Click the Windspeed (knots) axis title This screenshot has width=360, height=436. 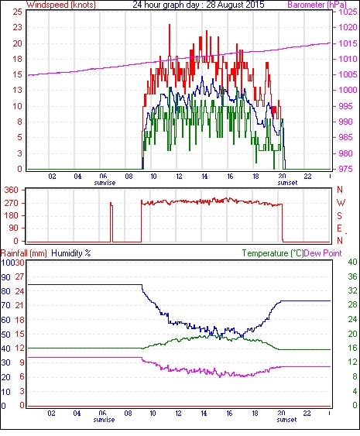click(61, 5)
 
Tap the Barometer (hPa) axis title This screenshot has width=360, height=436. click(317, 5)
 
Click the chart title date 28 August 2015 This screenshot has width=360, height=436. click(235, 5)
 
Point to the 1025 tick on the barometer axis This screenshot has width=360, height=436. click(348, 12)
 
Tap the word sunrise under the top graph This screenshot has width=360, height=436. click(105, 183)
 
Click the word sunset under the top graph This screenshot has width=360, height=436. click(287, 183)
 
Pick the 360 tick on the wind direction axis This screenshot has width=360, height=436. click(12, 191)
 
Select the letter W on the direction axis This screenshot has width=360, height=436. click(341, 203)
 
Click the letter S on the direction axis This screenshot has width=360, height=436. click(339, 215)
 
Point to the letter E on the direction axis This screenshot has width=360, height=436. click(339, 228)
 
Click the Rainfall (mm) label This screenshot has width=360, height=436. click(24, 253)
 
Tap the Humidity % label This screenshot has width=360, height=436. click(71, 253)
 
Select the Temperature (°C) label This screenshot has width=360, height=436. click(273, 253)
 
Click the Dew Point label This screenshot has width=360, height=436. click(323, 253)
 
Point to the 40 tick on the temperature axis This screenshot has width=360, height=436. click(352, 262)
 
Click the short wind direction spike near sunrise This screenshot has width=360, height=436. click(111, 222)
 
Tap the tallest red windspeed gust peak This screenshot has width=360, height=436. click(170, 25)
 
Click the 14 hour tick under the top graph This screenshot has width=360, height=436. click(204, 177)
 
